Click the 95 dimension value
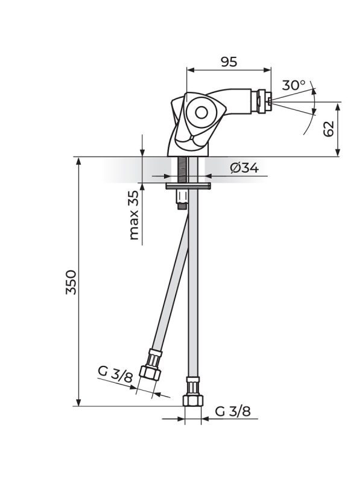[229, 62]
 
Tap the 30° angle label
[294, 86]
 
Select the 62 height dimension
[328, 129]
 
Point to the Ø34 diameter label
[244, 168]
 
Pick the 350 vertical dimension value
[72, 282]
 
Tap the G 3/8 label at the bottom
[233, 412]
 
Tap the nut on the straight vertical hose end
[192, 399]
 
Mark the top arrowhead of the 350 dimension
[79, 161]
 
